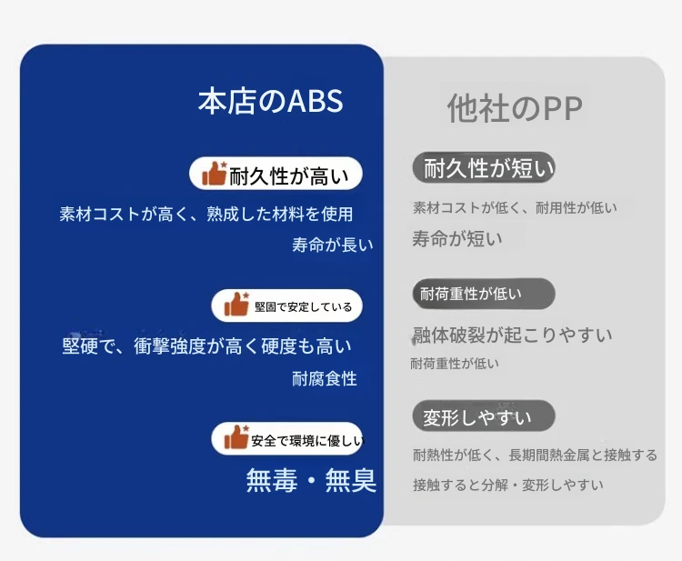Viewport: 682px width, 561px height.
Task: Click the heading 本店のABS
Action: (x=271, y=101)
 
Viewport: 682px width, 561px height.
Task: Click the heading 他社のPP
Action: (x=515, y=108)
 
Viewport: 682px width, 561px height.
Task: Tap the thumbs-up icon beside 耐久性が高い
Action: (x=215, y=174)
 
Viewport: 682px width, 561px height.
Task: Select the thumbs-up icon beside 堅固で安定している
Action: (x=236, y=304)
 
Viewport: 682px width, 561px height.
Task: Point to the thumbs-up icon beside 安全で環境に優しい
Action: (x=236, y=437)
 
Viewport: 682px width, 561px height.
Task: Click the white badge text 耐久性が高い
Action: (x=289, y=176)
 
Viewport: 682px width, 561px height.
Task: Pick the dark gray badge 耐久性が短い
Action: (x=484, y=167)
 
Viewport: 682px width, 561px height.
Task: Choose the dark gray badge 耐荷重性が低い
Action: (x=484, y=294)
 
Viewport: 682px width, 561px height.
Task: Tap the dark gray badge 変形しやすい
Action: (x=484, y=416)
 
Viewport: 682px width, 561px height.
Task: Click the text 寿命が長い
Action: (x=333, y=245)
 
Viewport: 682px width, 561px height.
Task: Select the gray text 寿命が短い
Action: (x=457, y=239)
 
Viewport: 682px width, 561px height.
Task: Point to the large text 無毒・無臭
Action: (x=311, y=480)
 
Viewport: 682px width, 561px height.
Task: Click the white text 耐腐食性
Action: (x=325, y=379)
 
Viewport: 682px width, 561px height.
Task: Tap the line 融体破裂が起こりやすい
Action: (x=512, y=335)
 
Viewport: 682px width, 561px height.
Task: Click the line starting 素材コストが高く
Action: (x=206, y=214)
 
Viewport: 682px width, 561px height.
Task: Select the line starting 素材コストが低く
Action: (x=515, y=207)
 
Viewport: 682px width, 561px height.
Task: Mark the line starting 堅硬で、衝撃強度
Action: (x=206, y=346)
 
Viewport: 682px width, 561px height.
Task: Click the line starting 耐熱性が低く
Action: (x=535, y=456)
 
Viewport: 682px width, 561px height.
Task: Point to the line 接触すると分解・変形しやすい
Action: (x=508, y=485)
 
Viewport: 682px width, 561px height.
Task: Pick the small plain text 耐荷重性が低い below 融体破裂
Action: (x=455, y=363)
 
